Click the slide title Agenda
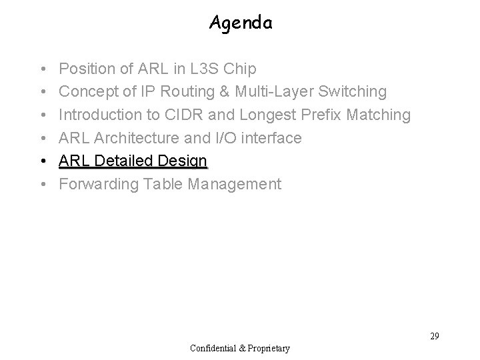coord(241,23)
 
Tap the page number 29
coord(434,336)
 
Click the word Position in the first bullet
coord(84,69)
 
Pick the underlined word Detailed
coord(127,161)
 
